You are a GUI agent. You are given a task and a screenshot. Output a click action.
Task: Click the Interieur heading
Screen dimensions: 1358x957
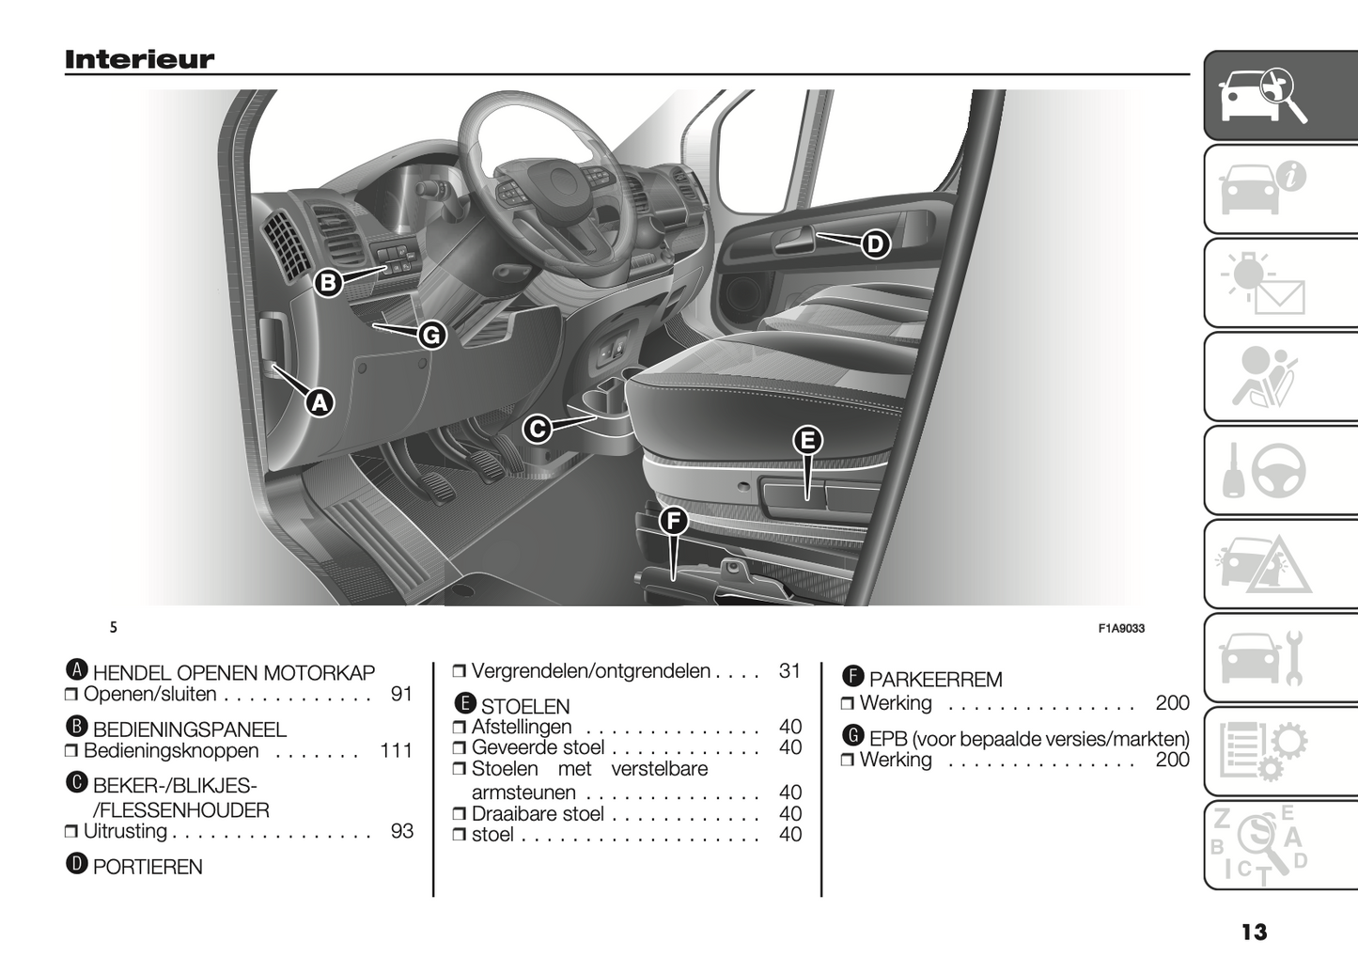coord(139,59)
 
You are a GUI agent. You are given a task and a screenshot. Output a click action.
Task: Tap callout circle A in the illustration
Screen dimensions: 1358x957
coord(320,402)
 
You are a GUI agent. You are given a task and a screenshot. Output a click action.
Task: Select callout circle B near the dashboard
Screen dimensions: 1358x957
coord(329,283)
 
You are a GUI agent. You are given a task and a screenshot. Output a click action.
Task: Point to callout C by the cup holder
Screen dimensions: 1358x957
coord(538,430)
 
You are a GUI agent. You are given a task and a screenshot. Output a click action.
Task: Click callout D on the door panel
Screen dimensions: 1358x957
coord(876,244)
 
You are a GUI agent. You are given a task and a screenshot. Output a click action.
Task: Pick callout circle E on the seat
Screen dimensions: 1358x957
coord(808,440)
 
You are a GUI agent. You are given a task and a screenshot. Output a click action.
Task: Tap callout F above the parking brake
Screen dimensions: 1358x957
coord(674,521)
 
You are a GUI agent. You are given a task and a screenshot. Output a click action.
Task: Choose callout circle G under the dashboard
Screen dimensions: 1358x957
coord(432,336)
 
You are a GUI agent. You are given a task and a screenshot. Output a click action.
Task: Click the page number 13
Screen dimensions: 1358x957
coord(1254,932)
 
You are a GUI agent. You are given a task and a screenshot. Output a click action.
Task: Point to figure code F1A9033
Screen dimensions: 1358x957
coord(1121,628)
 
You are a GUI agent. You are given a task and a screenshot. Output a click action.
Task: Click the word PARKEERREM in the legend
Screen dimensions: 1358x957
coord(935,680)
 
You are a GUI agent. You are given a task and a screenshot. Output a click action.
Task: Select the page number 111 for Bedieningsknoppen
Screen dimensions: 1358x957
coord(396,751)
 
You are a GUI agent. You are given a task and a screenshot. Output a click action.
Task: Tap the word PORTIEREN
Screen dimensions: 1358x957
coord(148,868)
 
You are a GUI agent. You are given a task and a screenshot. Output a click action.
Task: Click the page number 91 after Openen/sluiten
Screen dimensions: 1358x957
coord(402,694)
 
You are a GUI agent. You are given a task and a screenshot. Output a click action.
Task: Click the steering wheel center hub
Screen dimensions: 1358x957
coord(561,182)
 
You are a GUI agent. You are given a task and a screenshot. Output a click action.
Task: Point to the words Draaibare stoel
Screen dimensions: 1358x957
coord(538,814)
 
